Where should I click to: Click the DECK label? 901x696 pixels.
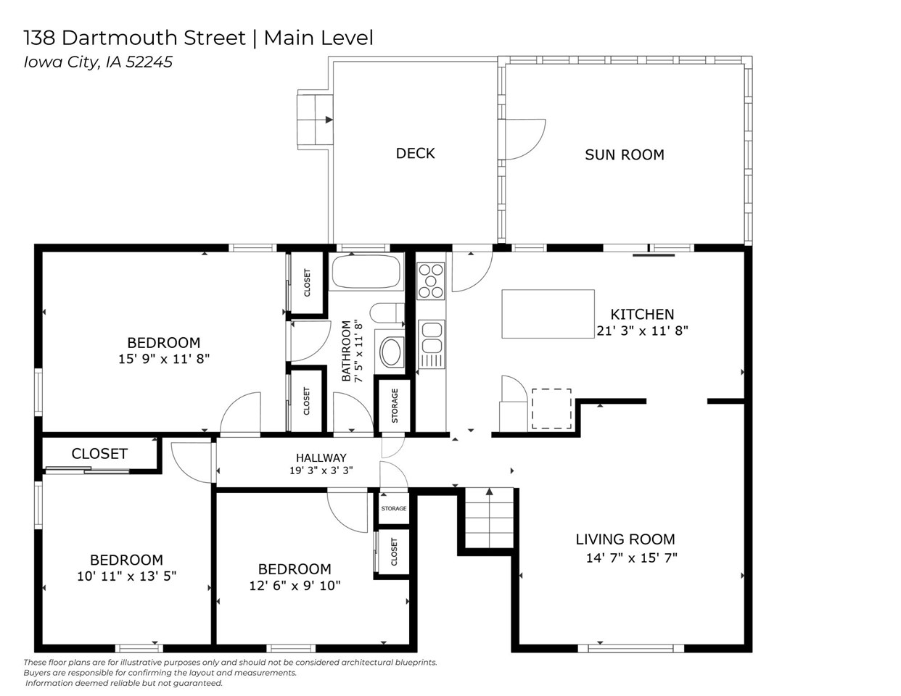coord(415,153)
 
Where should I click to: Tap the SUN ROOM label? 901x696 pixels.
coord(624,154)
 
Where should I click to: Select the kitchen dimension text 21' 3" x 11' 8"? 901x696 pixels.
coord(642,331)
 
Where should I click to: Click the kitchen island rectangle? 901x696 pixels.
coord(548,314)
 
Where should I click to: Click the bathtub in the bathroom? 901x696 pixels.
coord(366,273)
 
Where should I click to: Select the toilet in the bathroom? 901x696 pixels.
coord(384,313)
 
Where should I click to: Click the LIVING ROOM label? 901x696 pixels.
coord(625,539)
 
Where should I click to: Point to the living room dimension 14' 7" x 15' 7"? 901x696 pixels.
coord(631,558)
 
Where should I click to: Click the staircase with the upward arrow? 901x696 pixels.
coord(489,519)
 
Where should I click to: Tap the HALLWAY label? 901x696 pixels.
coord(321,457)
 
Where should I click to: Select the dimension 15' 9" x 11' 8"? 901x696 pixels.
coord(164,358)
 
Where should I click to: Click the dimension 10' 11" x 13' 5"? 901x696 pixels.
coord(126,576)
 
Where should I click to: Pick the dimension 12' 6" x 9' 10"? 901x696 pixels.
coord(295,586)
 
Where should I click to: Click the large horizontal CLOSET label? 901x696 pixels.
coord(99,454)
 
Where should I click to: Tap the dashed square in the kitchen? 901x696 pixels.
coord(552,408)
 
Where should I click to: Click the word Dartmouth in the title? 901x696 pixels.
coord(191,38)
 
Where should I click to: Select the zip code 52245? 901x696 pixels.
coord(149,62)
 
